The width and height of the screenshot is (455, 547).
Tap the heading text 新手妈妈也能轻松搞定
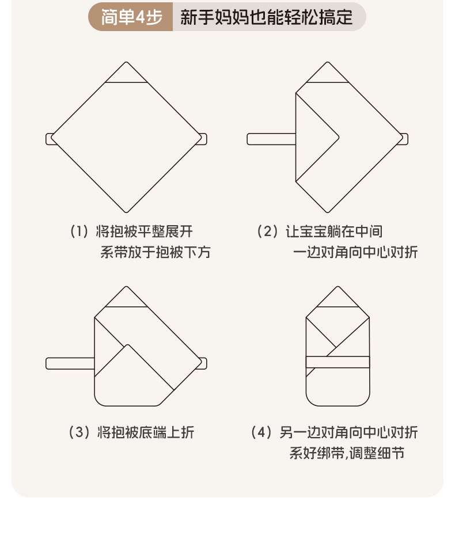(266, 17)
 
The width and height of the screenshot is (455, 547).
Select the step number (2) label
(268, 231)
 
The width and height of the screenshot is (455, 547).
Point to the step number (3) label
(79, 432)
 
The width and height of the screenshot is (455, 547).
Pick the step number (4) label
(261, 432)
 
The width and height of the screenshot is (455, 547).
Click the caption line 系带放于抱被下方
(156, 252)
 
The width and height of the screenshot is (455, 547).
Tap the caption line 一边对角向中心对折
(355, 252)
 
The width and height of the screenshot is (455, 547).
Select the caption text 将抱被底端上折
(146, 432)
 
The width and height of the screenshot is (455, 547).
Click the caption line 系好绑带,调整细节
(347, 453)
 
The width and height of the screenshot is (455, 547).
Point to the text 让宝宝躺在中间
(334, 231)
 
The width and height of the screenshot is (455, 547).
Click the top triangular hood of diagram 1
(127, 74)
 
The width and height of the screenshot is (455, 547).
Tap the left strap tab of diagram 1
(50, 139)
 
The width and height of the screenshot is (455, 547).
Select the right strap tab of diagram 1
(203, 139)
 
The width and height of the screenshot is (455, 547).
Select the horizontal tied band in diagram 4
(337, 362)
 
